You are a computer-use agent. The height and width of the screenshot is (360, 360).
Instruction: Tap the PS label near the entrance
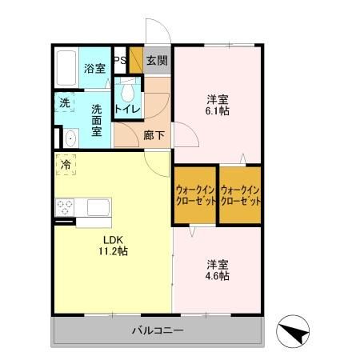click(119, 61)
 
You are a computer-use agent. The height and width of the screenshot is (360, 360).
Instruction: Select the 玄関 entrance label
click(157, 60)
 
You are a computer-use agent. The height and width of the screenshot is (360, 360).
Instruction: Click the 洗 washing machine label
click(64, 102)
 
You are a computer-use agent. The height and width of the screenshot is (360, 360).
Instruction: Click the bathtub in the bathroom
click(67, 69)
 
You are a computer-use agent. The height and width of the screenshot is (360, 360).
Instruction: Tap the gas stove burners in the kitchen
click(64, 207)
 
